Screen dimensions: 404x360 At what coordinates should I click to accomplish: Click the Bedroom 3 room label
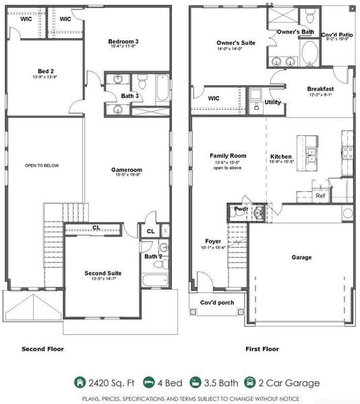123,42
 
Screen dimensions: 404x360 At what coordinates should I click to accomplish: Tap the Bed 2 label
46,70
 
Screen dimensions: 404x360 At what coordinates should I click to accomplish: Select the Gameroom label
126,170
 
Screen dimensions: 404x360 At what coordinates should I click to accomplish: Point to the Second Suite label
103,273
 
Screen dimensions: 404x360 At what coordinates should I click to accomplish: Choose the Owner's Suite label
236,42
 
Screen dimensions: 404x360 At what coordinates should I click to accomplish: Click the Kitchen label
280,156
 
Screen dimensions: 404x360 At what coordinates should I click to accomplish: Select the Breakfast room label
320,89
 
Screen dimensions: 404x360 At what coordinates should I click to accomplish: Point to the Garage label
301,257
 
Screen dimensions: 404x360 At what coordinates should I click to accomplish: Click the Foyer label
213,240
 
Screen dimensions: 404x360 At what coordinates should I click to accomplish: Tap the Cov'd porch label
217,302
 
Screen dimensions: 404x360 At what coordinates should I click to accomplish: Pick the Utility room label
273,102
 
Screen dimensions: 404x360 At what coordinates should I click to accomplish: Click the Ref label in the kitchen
320,196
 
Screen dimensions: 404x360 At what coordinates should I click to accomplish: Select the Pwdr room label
241,209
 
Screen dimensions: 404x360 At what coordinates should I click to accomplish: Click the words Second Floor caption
42,349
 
